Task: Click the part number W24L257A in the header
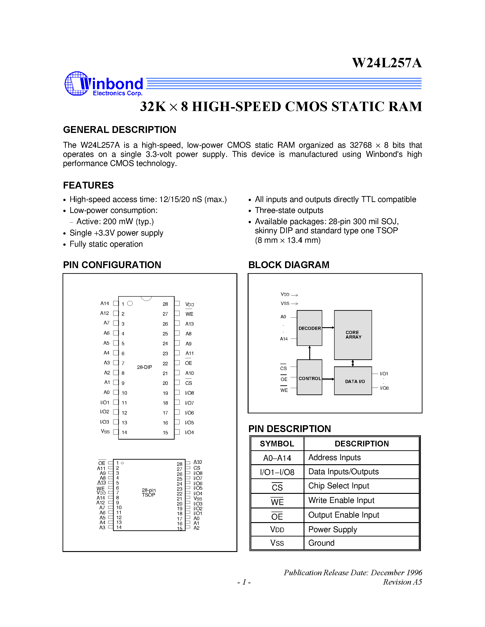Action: [387, 63]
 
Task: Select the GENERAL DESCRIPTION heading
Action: [120, 130]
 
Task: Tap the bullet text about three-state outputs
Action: [289, 210]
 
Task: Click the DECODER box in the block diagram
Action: [309, 328]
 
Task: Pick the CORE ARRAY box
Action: [353, 335]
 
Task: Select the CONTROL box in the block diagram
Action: [309, 378]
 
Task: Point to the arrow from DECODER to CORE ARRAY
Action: [328, 328]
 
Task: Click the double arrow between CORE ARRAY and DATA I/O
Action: [353, 363]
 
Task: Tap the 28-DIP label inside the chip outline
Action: [144, 367]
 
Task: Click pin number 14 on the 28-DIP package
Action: [124, 432]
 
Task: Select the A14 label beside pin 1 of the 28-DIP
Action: [105, 303]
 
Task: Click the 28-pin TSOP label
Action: [149, 492]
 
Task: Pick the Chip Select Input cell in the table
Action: [338, 486]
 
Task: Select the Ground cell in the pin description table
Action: [321, 543]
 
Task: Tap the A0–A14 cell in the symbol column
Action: [277, 458]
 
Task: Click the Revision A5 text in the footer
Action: [402, 582]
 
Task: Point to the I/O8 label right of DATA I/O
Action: [384, 388]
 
